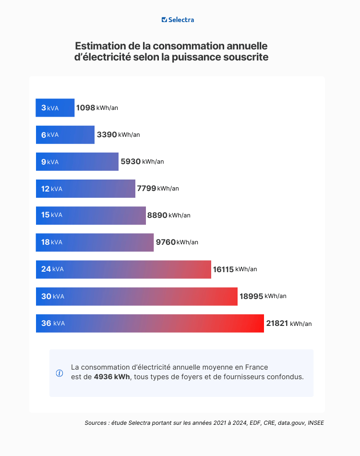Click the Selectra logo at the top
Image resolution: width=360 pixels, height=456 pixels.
pyautogui.click(x=178, y=20)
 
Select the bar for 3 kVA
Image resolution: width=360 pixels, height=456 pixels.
pyautogui.click(x=55, y=108)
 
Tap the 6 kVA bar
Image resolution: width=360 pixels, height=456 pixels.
pyautogui.click(x=65, y=135)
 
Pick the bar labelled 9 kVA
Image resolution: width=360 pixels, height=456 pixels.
pyautogui.click(x=77, y=162)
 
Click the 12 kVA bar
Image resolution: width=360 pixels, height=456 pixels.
pyautogui.click(x=85, y=189)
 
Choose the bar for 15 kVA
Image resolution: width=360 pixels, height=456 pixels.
pyautogui.click(x=91, y=216)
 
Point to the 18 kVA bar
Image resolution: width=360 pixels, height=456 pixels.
pyautogui.click(x=95, y=242)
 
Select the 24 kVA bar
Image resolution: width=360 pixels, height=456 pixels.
pyautogui.click(x=123, y=269)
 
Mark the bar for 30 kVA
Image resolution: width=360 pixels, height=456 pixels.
pyautogui.click(x=137, y=296)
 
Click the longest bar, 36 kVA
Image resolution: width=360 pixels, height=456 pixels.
pyautogui.click(x=150, y=324)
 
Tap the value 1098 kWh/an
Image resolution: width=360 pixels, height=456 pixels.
pyautogui.click(x=96, y=108)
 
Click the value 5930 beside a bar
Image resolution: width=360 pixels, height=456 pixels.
pyautogui.click(x=131, y=162)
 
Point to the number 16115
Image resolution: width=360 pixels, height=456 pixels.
pyautogui.click(x=223, y=269)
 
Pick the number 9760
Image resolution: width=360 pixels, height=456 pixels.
pyautogui.click(x=166, y=242)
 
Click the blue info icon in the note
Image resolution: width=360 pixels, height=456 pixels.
pyautogui.click(x=60, y=373)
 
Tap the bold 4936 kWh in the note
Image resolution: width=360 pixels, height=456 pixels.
pyautogui.click(x=112, y=377)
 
